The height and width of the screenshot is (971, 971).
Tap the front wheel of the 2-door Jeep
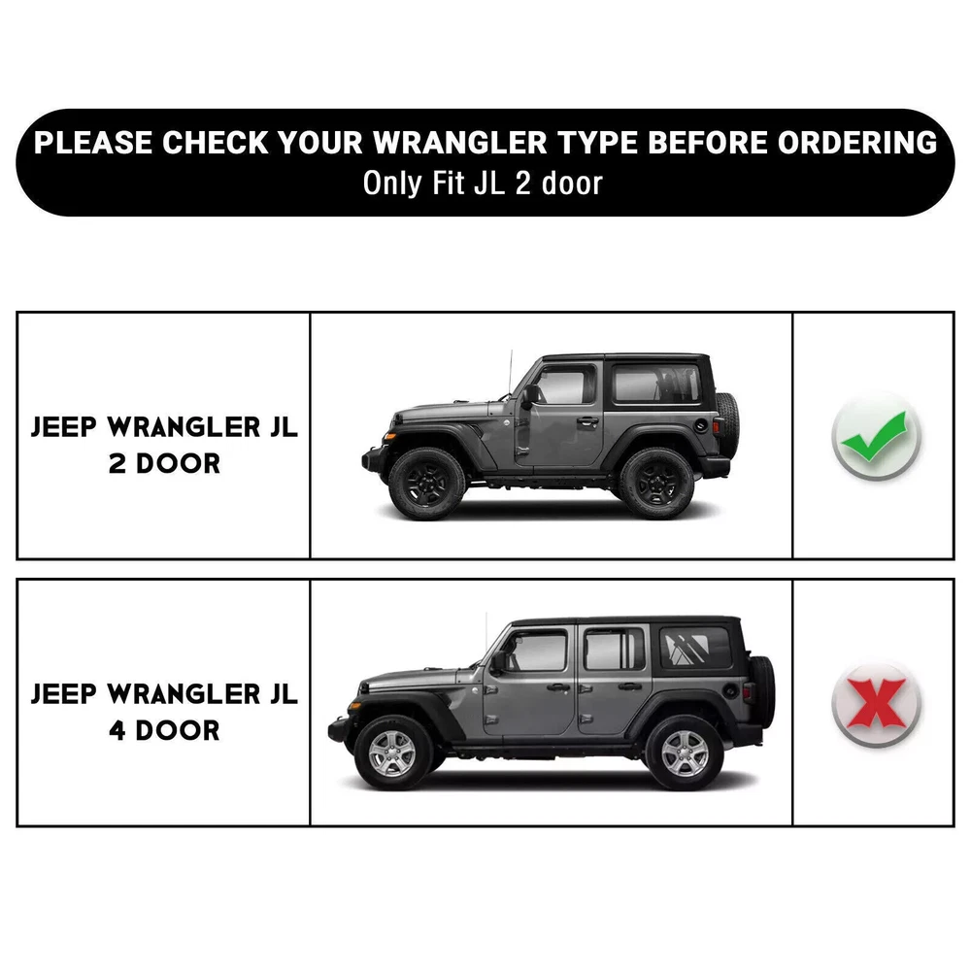[x=426, y=484]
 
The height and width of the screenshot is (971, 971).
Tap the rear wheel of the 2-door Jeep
[x=656, y=484]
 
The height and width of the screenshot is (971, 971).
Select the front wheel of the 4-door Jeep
[x=392, y=753]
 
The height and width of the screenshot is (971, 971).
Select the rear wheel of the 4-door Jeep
[x=685, y=753]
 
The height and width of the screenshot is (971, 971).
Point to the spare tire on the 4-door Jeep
[x=762, y=691]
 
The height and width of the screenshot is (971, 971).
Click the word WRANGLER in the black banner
[x=460, y=143]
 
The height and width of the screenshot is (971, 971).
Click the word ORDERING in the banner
[x=857, y=143]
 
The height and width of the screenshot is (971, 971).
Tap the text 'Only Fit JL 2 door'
[x=483, y=184]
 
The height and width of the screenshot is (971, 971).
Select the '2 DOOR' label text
[x=164, y=463]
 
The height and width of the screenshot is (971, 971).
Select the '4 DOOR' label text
[x=164, y=730]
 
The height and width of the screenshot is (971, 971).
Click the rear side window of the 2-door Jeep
[x=656, y=384]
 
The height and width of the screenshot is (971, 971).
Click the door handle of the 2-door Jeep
[x=587, y=421]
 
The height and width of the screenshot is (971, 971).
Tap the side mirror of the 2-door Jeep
[x=529, y=396]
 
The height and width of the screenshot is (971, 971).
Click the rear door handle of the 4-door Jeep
[x=629, y=686]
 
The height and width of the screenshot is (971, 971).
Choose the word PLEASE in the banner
[x=93, y=143]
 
